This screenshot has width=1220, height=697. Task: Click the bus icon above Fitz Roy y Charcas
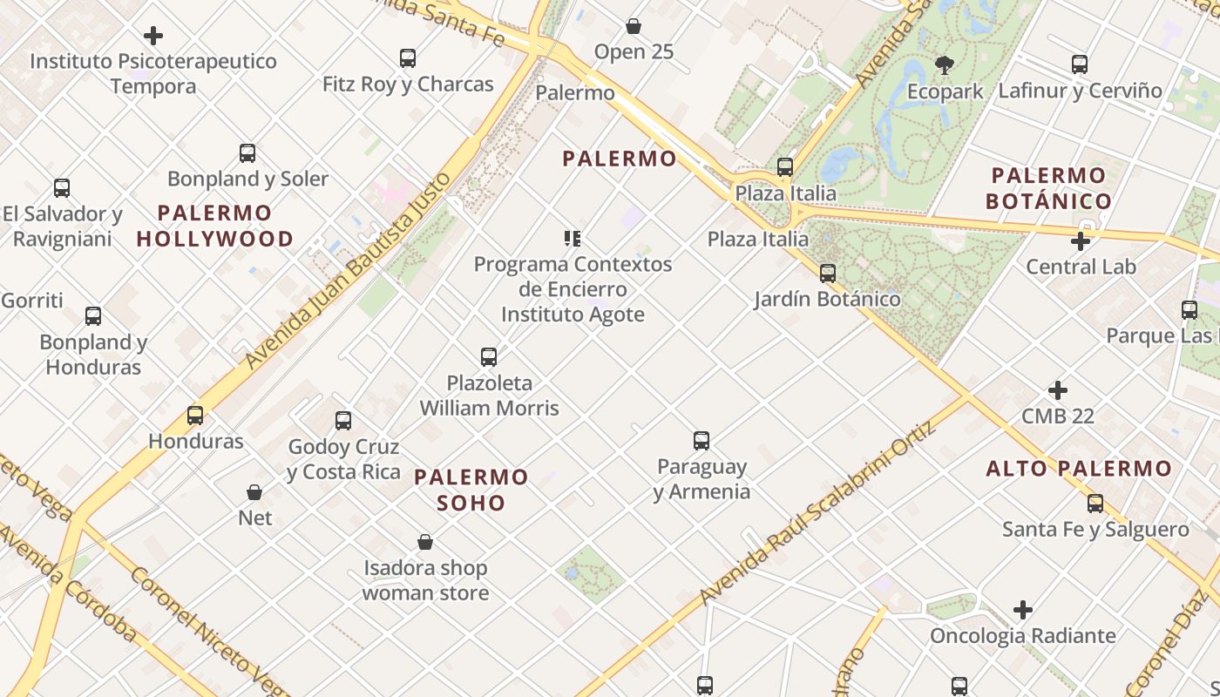(x=408, y=58)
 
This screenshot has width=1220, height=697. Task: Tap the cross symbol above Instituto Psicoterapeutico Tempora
(x=153, y=36)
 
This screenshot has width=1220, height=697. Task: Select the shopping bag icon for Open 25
(x=634, y=27)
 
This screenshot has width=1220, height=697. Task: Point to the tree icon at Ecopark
(x=944, y=64)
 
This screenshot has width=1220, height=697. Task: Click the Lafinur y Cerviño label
(x=1080, y=91)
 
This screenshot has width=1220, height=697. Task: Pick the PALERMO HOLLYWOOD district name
(x=214, y=226)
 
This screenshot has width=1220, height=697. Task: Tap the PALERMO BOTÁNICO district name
(x=1048, y=188)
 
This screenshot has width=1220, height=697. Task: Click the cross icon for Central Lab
(x=1081, y=241)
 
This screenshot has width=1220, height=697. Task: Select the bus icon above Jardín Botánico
(x=828, y=274)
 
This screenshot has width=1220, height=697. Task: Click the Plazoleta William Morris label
(x=489, y=396)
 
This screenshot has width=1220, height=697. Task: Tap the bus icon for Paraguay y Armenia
(x=701, y=441)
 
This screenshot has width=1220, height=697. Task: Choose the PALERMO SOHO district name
(x=471, y=490)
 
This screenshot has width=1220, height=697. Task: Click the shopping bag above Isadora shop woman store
(x=425, y=542)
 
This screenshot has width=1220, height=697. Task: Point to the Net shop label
(x=255, y=518)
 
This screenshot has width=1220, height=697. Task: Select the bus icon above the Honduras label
(x=195, y=416)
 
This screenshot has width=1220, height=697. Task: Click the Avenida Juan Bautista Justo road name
(x=349, y=270)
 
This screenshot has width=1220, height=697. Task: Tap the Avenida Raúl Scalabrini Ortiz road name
(x=817, y=515)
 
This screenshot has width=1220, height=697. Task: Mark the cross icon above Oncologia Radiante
(x=1023, y=610)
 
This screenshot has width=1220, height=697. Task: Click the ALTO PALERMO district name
(x=1079, y=469)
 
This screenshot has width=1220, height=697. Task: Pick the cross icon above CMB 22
(x=1058, y=390)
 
